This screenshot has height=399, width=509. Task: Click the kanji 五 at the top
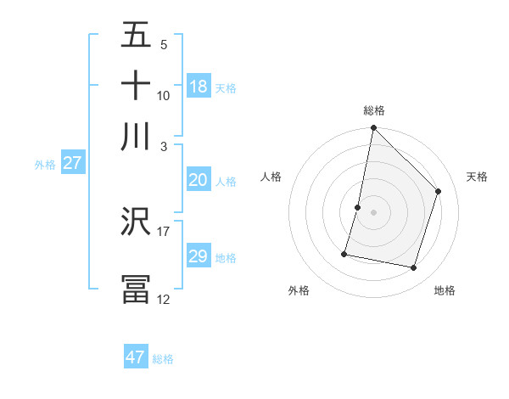click(136, 36)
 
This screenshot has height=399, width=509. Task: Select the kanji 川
click(136, 136)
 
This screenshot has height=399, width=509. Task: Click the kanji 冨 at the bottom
click(136, 289)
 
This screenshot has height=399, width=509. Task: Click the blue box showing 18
click(199, 87)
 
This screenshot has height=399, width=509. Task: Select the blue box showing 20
click(199, 180)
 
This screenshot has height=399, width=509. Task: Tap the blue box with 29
click(199, 256)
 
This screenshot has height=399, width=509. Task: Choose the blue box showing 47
click(136, 357)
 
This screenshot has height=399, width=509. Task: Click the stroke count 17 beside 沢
click(164, 231)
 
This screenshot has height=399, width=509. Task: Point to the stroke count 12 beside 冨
click(164, 299)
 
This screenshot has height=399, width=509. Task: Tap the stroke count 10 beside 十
click(164, 95)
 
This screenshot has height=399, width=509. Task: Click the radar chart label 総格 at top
click(374, 110)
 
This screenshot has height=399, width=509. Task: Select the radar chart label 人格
click(271, 177)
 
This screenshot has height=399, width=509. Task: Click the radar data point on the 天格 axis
click(439, 192)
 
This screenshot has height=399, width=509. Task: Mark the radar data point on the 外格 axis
click(344, 254)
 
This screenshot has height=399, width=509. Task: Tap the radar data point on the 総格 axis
click(373, 128)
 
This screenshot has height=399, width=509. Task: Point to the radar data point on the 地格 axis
click(414, 268)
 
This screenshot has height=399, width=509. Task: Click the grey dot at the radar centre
click(373, 212)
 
